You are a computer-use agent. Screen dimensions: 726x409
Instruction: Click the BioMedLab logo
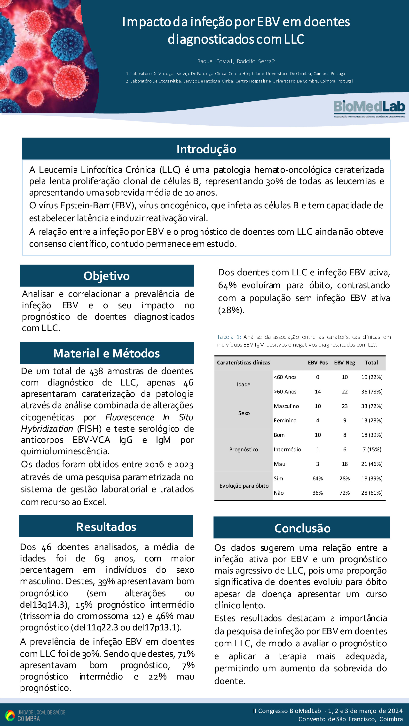pyautogui.click(x=369, y=108)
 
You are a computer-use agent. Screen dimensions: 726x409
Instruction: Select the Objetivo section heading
pyautogui.click(x=106, y=276)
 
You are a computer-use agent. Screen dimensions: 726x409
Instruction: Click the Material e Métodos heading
pyautogui.click(x=106, y=353)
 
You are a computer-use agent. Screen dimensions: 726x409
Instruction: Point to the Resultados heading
pyautogui.click(x=106, y=527)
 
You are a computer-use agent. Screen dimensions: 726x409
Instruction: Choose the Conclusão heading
pyautogui.click(x=302, y=528)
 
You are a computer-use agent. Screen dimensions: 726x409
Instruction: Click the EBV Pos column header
pyautogui.click(x=318, y=363)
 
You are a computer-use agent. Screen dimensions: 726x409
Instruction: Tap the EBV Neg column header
pyautogui.click(x=344, y=363)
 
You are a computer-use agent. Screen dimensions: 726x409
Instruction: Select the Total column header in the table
pyautogui.click(x=371, y=363)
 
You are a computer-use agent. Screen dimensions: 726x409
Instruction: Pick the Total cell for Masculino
pyautogui.click(x=372, y=406)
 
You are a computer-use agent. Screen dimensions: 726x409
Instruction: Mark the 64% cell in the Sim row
pyautogui.click(x=318, y=478)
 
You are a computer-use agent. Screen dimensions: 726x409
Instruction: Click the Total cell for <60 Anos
pyautogui.click(x=372, y=377)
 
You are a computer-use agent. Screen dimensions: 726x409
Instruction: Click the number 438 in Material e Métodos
pyautogui.click(x=96, y=371)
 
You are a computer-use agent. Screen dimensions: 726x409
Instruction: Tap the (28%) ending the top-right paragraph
pyautogui.click(x=231, y=310)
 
